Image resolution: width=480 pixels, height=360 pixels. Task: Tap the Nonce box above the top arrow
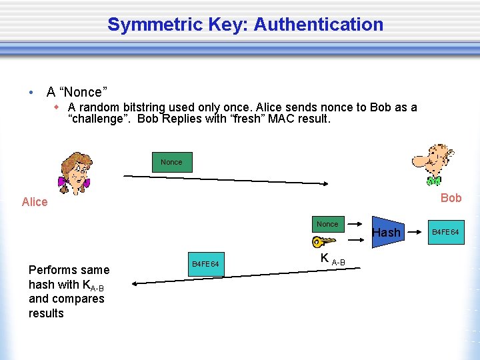171,162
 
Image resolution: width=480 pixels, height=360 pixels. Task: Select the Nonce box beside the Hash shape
327,224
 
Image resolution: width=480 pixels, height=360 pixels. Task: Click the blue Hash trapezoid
387,232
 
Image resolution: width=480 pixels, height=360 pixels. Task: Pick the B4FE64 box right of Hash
445,232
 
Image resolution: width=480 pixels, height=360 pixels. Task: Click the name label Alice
35,202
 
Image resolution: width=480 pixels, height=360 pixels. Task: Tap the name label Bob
451,198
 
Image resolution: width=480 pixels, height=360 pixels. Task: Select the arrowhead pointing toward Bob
327,183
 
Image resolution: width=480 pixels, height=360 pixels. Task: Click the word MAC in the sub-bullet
273,119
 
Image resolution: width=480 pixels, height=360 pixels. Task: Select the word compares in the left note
82,299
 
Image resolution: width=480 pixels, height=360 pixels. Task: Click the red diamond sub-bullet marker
57,107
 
